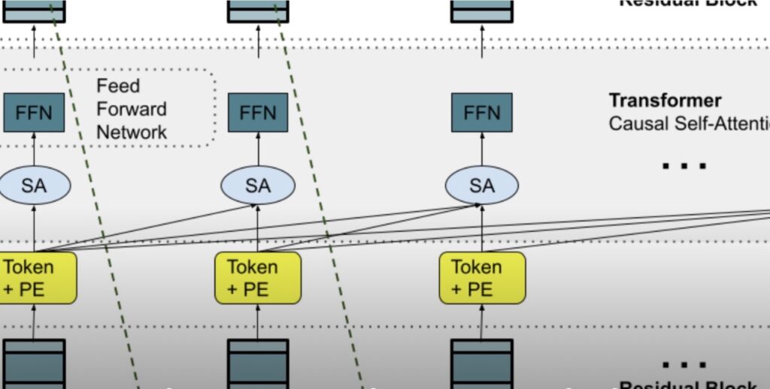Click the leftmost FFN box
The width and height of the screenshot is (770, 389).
click(34, 113)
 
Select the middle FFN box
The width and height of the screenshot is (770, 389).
click(258, 113)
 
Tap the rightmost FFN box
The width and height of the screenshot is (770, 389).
click(482, 113)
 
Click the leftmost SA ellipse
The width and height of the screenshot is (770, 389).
click(34, 185)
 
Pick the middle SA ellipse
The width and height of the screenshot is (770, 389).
click(258, 185)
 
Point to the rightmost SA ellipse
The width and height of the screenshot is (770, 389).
click(482, 185)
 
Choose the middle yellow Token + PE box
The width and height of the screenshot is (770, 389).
click(258, 278)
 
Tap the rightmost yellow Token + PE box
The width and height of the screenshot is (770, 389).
click(482, 278)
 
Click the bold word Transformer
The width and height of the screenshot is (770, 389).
click(665, 101)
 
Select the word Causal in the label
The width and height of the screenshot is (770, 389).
click(638, 123)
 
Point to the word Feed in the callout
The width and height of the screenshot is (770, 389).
click(118, 86)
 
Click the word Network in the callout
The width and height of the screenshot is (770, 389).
click(132, 132)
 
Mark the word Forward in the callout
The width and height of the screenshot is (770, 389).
click(132, 109)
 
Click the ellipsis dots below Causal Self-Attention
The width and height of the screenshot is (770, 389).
click(684, 166)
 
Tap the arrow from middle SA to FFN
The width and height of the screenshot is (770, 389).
click(258, 149)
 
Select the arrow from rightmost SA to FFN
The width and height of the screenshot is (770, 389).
click(482, 149)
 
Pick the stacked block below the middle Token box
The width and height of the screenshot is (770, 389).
click(258, 363)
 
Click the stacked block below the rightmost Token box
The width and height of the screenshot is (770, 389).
click(482, 363)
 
